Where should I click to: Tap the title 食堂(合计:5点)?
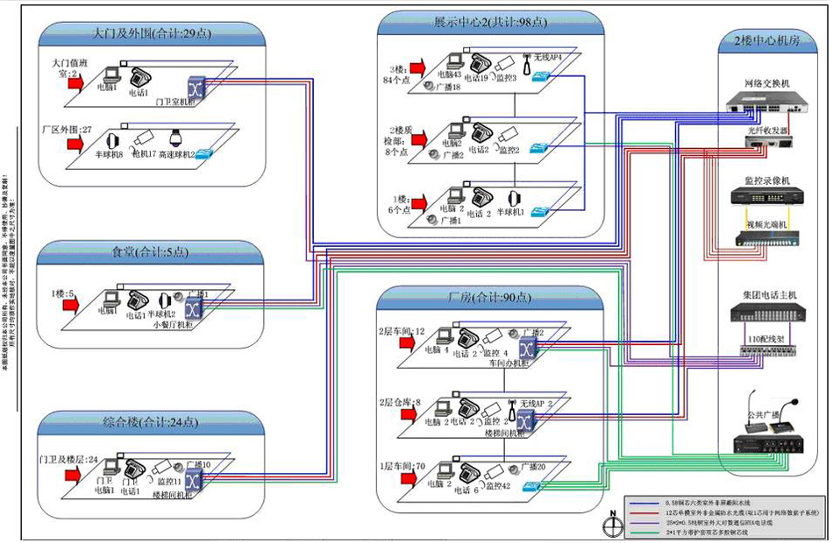tap(152, 252)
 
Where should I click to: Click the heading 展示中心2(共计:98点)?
tap(490, 21)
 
